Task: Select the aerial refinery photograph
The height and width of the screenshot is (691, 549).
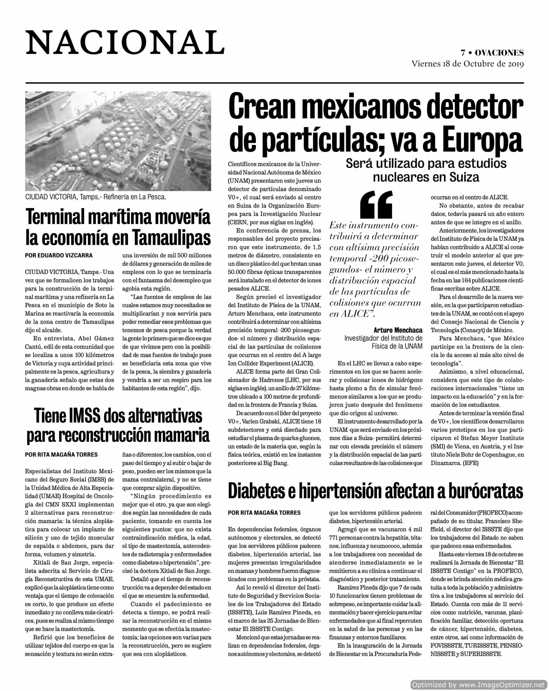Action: click(x=118, y=141)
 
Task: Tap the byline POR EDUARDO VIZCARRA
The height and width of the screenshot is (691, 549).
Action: click(x=59, y=255)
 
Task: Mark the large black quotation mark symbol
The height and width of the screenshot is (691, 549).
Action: click(x=376, y=204)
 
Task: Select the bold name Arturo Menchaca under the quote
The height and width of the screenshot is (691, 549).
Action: click(x=398, y=330)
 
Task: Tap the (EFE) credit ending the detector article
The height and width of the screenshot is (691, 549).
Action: click(x=470, y=463)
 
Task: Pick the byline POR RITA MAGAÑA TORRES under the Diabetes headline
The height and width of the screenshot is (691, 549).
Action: click(x=264, y=513)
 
